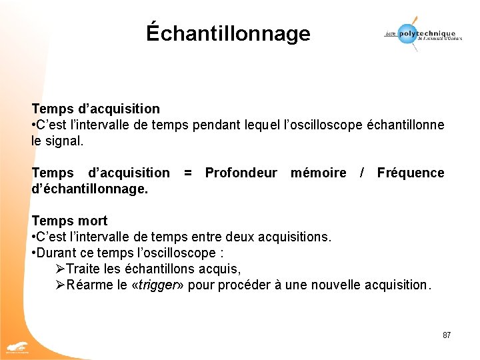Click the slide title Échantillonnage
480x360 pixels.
click(x=228, y=33)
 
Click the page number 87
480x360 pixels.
click(x=447, y=335)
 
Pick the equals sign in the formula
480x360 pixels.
click(x=188, y=173)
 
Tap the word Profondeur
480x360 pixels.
click(x=241, y=173)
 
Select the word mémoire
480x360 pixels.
click(x=318, y=173)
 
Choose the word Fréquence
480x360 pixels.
click(x=410, y=173)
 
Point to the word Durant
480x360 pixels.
click(x=57, y=253)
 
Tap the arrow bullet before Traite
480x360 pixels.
click(x=59, y=269)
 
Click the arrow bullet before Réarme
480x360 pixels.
click(x=59, y=285)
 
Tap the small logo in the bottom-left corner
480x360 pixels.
click(x=18, y=347)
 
